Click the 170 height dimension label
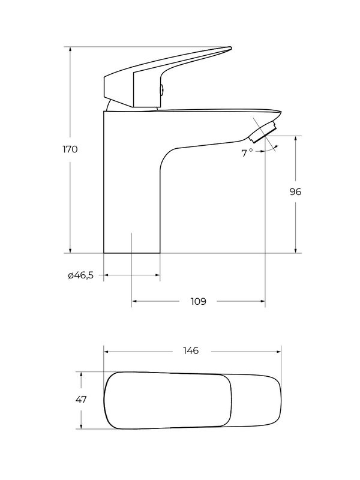[70, 149]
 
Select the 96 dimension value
[295, 192]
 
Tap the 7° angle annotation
[247, 153]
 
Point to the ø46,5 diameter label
[80, 275]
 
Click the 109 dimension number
[198, 301]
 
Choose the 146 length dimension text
[192, 350]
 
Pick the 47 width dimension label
[81, 400]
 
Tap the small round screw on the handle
[160, 90]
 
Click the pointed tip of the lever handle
[230, 49]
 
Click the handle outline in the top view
[168, 401]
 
